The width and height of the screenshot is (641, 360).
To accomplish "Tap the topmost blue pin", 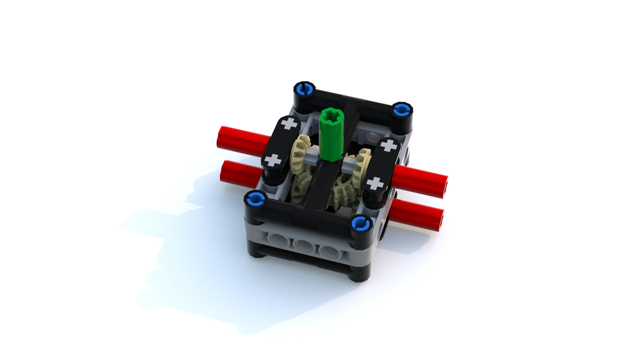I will point(304,88).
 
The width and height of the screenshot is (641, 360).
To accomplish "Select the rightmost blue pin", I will point(401,110).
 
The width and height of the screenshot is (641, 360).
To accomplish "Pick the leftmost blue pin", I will point(255,199).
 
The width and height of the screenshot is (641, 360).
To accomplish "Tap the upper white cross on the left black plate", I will point(290,123).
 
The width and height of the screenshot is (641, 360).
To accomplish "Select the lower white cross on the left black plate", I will point(274,160).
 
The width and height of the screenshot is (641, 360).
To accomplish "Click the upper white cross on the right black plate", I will point(388,145).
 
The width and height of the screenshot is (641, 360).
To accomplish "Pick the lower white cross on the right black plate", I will point(376,184).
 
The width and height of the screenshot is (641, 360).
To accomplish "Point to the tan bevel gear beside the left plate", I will point(298,158).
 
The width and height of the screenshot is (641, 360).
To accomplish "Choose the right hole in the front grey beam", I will point(329,250).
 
